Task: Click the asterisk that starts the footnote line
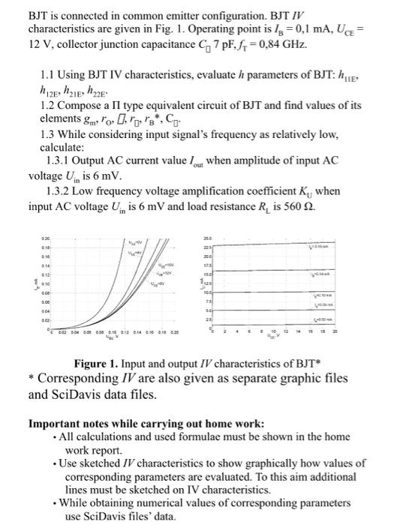tap(32, 379)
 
